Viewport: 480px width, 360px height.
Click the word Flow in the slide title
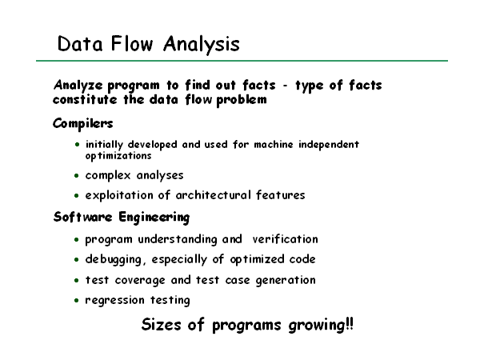(x=132, y=43)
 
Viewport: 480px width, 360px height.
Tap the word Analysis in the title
(x=202, y=45)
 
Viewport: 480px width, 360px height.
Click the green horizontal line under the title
(x=242, y=61)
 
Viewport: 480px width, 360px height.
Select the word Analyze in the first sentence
(x=78, y=85)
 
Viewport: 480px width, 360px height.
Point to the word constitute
(x=85, y=99)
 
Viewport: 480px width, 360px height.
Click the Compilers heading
(x=83, y=124)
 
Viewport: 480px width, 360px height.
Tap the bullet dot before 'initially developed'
(x=77, y=144)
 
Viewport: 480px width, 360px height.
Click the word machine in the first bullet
(x=274, y=144)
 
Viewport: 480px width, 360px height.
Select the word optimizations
(x=118, y=156)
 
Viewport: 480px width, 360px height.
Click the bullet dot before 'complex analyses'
(x=77, y=176)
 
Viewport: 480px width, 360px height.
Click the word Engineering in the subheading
(x=154, y=218)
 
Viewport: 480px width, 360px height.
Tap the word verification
(x=285, y=239)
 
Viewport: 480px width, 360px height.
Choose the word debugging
(x=114, y=259)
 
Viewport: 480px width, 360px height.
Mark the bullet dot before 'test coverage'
(x=77, y=280)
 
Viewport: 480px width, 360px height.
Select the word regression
(x=114, y=300)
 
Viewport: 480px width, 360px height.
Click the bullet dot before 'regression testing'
(x=77, y=300)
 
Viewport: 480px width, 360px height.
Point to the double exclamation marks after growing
(x=350, y=323)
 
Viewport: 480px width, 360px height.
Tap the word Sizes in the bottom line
(x=161, y=324)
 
